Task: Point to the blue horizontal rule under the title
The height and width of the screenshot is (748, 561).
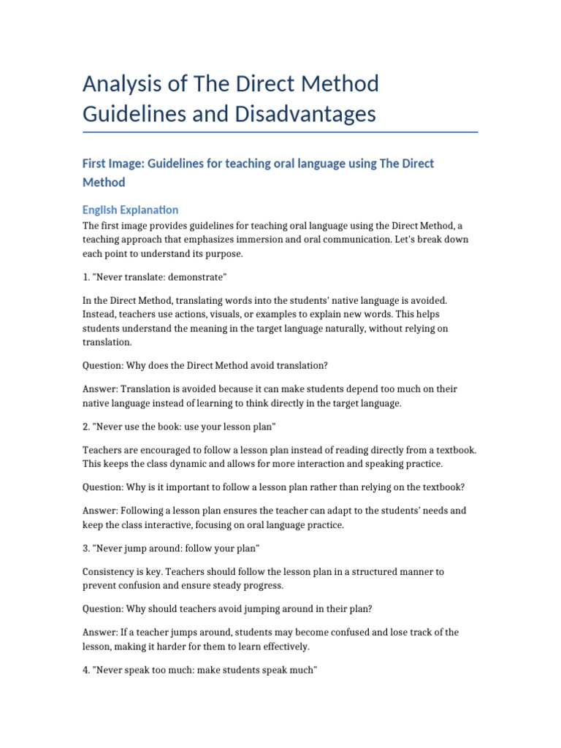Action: tap(280, 132)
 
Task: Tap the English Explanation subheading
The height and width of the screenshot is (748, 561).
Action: tap(130, 210)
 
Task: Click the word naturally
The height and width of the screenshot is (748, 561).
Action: tap(349, 329)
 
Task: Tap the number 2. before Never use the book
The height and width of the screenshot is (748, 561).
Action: tap(86, 426)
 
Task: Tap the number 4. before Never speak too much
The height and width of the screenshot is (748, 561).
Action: tap(86, 669)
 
